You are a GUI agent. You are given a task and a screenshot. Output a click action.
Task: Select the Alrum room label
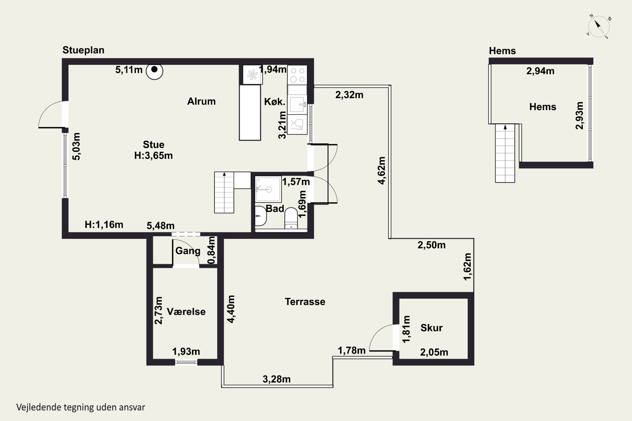[x=201, y=101]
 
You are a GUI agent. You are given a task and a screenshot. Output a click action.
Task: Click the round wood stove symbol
[x=154, y=71]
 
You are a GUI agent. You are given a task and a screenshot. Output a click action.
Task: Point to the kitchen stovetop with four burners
[x=297, y=75]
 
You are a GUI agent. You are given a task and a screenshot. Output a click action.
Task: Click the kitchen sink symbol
[x=297, y=104]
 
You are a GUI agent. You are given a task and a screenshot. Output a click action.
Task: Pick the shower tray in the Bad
[x=268, y=189]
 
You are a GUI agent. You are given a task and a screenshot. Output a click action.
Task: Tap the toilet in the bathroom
[x=291, y=218]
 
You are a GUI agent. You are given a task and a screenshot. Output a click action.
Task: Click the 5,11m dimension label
[x=129, y=70]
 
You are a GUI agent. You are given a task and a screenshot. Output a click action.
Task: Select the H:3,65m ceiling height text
[x=153, y=156]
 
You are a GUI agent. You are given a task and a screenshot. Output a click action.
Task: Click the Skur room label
[x=431, y=328]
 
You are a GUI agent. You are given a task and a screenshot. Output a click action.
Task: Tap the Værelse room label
[x=186, y=312]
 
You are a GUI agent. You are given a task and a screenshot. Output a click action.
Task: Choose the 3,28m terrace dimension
[x=276, y=379]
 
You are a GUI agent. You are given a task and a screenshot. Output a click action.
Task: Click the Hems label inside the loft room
[x=542, y=107]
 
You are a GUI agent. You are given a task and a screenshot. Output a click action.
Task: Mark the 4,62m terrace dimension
[x=382, y=171]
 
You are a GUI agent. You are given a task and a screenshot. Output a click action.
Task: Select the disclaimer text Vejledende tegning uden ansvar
[x=81, y=407]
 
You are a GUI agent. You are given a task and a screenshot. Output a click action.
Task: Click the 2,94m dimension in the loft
[x=540, y=71]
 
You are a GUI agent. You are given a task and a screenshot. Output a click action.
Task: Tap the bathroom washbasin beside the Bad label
[x=260, y=216]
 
